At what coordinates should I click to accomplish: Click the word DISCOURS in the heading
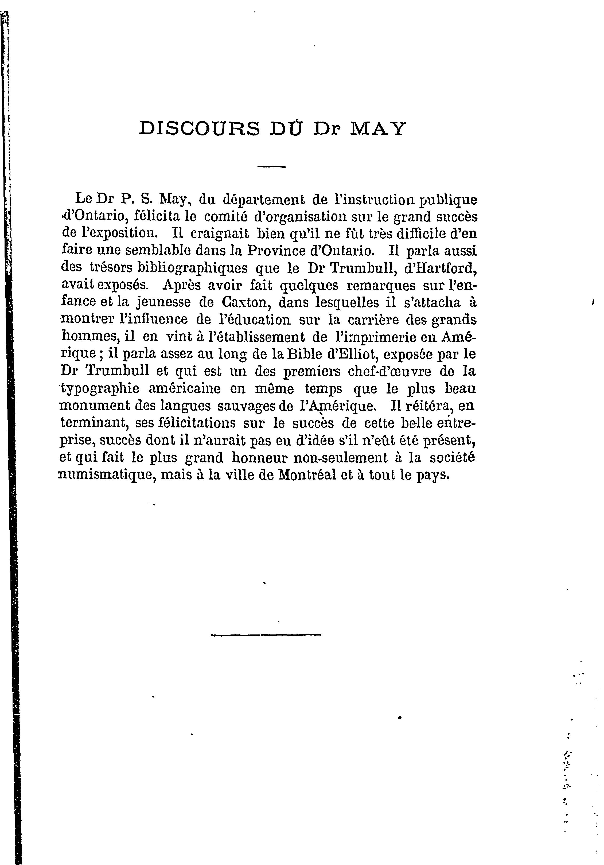(199, 128)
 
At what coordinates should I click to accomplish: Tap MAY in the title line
(378, 128)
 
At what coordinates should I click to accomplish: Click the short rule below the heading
(272, 166)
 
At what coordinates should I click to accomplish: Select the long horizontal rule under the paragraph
(266, 635)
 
